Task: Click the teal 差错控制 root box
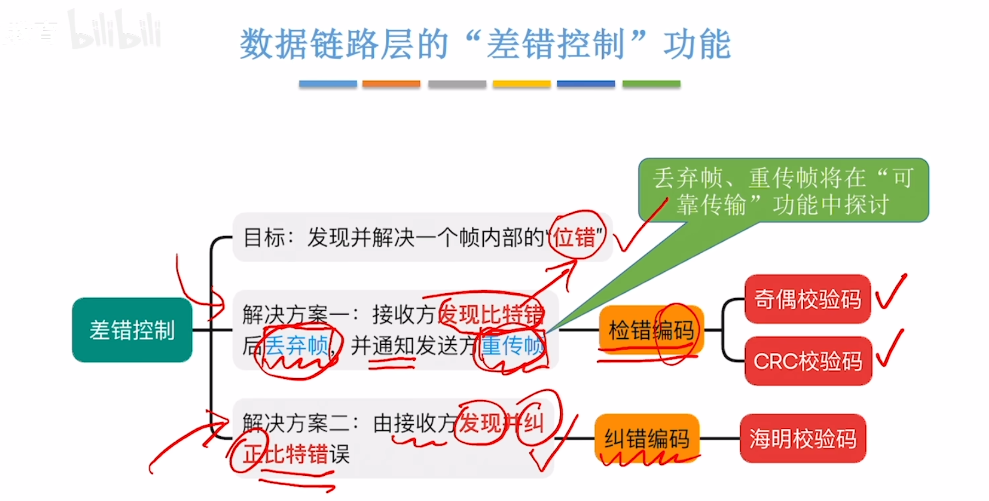[x=132, y=330]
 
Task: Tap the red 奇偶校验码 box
[x=807, y=299]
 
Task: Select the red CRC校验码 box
[x=808, y=361]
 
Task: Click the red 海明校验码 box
[x=803, y=439]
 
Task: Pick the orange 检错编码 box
[x=651, y=330]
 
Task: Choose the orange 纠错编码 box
[x=647, y=439]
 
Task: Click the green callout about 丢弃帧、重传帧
[x=783, y=191]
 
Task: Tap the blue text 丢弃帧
[x=296, y=346]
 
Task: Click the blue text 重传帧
[x=512, y=346]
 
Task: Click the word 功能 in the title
[x=697, y=44]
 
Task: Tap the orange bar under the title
[x=391, y=84]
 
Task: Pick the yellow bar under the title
[x=521, y=84]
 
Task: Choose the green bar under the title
[x=651, y=84]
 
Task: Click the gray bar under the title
[x=457, y=84]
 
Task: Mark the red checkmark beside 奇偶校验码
[x=890, y=293]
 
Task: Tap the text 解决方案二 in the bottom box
[x=295, y=423]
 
